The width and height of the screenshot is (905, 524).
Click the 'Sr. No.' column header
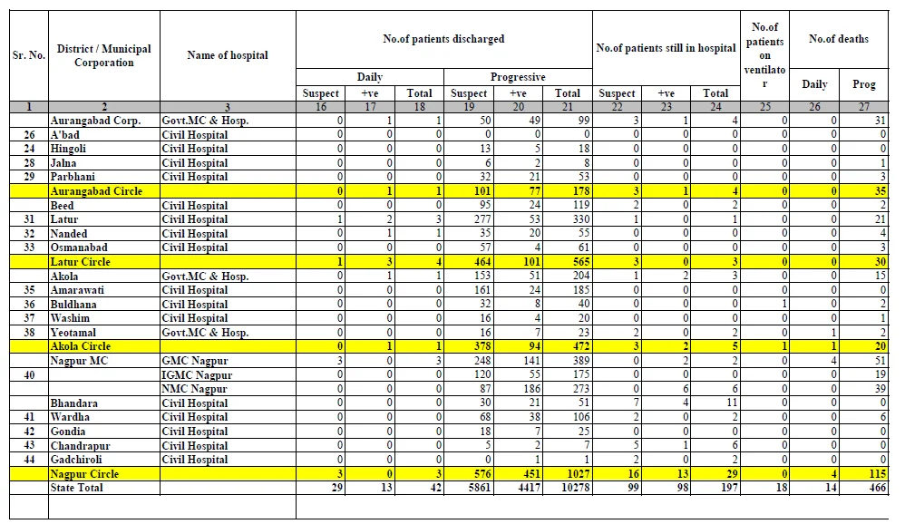(x=29, y=55)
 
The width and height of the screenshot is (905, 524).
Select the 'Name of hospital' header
(x=228, y=55)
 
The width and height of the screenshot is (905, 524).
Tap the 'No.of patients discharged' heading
(x=443, y=39)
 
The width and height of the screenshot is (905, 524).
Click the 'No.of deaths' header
(x=838, y=39)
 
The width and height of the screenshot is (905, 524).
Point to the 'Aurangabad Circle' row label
(x=96, y=191)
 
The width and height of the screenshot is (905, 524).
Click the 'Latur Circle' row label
(x=80, y=261)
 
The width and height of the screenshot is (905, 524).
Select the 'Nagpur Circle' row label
(x=84, y=474)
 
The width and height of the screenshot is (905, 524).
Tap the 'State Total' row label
(x=76, y=488)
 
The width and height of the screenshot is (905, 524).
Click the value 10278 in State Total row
(x=576, y=488)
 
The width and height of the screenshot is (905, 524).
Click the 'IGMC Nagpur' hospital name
(x=197, y=375)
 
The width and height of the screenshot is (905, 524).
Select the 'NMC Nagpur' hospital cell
(x=194, y=389)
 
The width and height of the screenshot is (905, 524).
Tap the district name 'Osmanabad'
(x=79, y=247)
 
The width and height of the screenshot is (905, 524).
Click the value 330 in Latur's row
(x=580, y=219)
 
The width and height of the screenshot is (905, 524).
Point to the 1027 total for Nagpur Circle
(x=579, y=474)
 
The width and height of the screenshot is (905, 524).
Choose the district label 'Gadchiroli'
(x=75, y=460)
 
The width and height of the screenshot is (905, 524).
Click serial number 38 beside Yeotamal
(x=29, y=333)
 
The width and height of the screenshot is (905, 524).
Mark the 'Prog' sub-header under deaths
(x=864, y=84)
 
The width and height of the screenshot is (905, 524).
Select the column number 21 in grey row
(x=568, y=107)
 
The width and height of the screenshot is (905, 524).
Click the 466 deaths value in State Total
(x=877, y=488)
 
